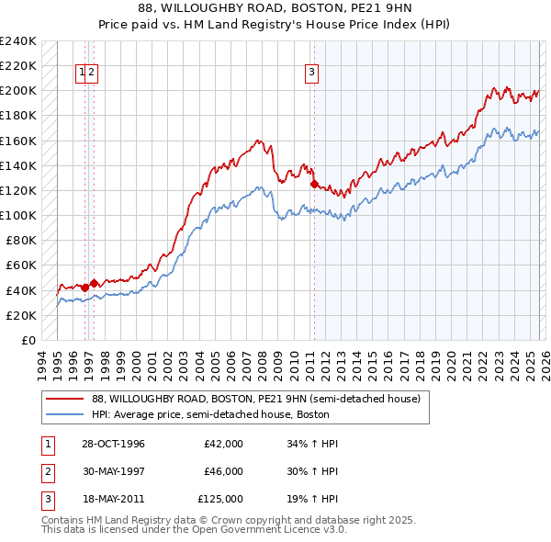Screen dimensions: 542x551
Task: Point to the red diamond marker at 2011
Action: [314, 185]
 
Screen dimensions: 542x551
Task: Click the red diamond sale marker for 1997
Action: [94, 283]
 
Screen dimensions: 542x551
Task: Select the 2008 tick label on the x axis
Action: [264, 361]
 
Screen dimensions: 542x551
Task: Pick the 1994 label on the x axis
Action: [42, 361]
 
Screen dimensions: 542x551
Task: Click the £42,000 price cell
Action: [223, 444]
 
